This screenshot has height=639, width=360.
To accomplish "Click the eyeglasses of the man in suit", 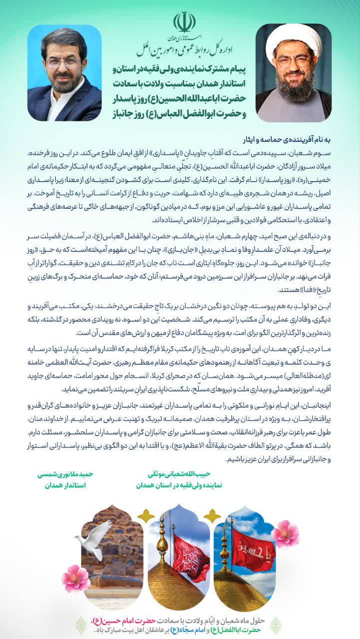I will click(63, 63).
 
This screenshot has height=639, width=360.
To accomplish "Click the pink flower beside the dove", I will click(76, 578).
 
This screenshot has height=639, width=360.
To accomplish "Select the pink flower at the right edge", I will click(285, 533).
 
